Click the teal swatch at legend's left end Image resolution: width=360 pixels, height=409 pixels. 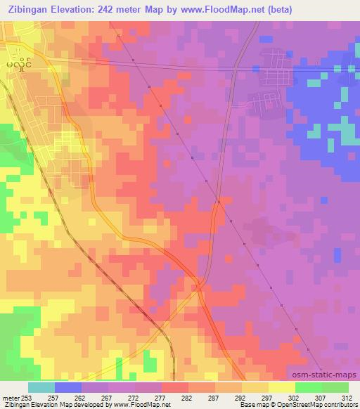(41, 388)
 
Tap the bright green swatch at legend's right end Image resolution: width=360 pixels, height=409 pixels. (335, 388)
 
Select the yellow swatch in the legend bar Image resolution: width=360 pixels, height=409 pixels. (255, 388)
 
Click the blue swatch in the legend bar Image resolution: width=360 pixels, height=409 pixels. (68, 388)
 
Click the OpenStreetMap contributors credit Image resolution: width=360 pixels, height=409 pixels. (314, 405)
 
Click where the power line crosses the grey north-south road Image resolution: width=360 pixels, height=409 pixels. (219, 202)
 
